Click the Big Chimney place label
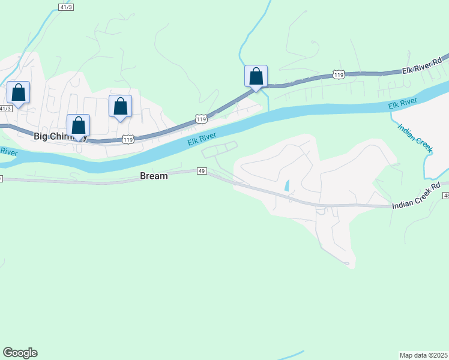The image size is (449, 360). tap(60, 136)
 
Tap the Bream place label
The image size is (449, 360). tap(154, 176)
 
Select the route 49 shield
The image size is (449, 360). tap(202, 171)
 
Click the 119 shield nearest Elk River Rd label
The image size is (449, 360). tap(339, 74)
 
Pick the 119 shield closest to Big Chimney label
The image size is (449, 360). tap(128, 139)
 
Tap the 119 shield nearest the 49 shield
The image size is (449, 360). tap(202, 119)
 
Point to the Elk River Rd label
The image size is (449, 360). tap(422, 65)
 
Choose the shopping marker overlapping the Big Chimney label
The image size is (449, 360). tap(78, 126)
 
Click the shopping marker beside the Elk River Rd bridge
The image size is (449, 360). tap(256, 77)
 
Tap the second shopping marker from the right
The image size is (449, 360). tap(120, 106)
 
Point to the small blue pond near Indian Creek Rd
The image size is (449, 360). tap(286, 186)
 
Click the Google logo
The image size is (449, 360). tap(20, 353)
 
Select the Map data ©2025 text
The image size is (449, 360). tap(424, 355)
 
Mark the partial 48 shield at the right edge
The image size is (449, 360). tap(446, 196)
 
